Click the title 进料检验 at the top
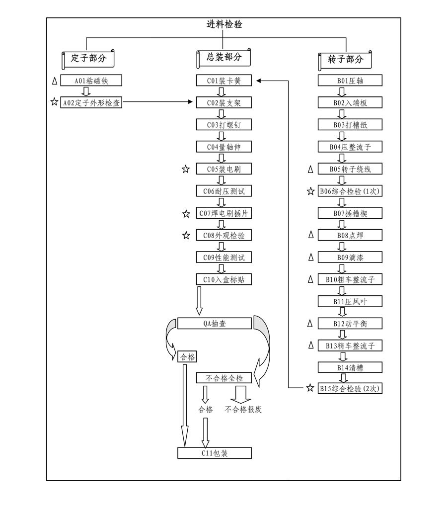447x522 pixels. [224, 24]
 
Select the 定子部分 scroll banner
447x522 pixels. [88, 59]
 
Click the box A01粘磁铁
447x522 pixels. [91, 81]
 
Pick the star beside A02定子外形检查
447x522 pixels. [54, 102]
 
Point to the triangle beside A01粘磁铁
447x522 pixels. [54, 81]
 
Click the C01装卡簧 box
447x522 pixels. [223, 81]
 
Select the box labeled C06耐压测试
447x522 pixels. [223, 191]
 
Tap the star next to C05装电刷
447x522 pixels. [186, 170]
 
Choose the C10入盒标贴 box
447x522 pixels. [223, 279]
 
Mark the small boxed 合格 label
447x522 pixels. [187, 357]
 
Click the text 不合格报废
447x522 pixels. [243, 410]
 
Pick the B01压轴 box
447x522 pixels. [350, 81]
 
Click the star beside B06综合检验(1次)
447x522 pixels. [310, 191]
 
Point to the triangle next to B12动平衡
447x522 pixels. [310, 324]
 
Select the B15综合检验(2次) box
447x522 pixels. [350, 388]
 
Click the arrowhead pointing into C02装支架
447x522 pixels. [193, 102]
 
